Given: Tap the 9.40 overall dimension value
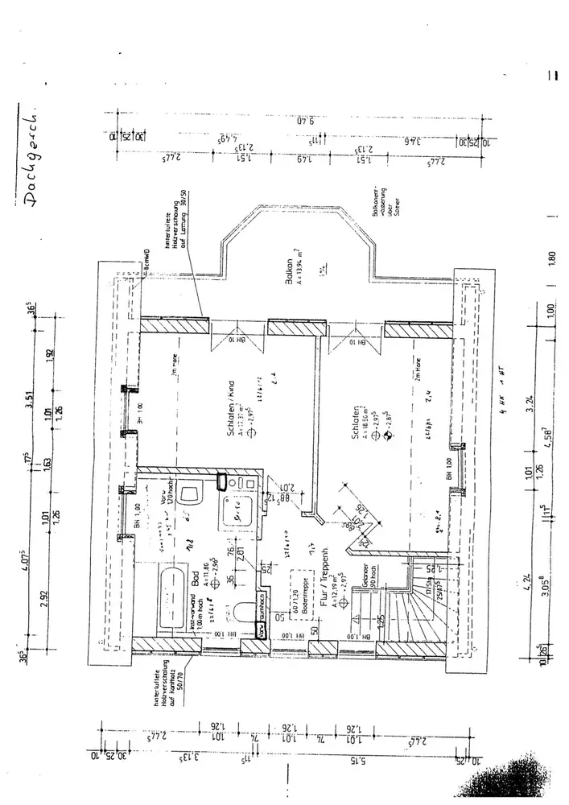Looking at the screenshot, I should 302,122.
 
